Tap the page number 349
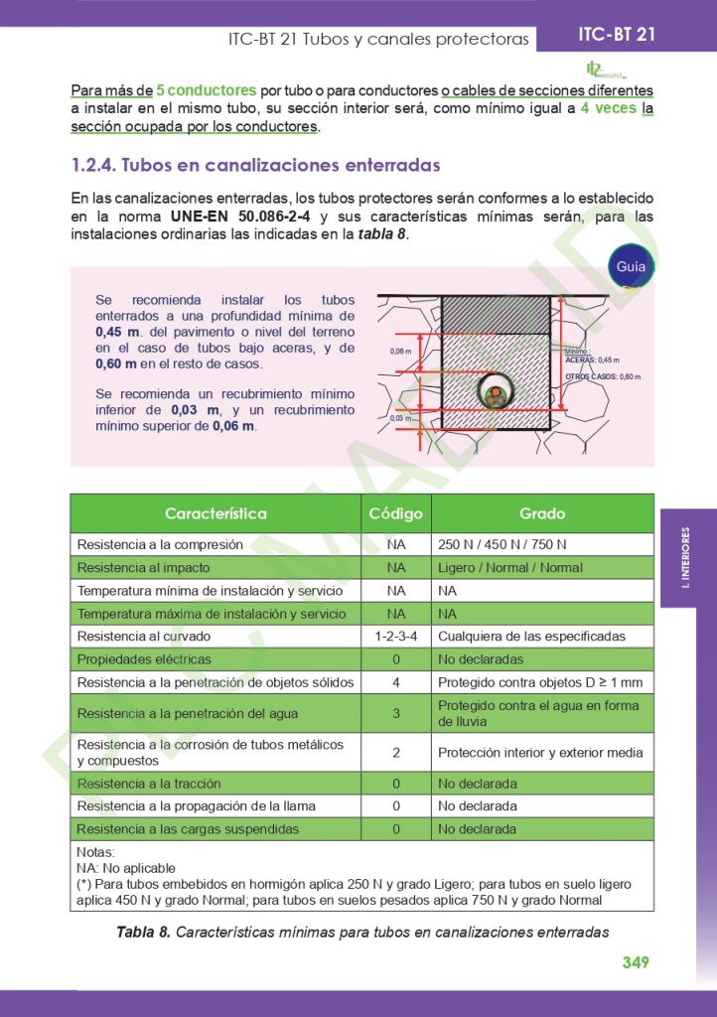(636, 961)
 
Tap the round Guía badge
(631, 266)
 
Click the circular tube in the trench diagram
(496, 393)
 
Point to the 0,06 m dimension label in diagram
(400, 352)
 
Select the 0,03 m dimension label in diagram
(400, 418)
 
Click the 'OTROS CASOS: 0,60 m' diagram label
(603, 377)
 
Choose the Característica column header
(215, 513)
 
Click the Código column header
(395, 513)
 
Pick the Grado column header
(542, 513)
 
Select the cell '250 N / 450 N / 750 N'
(502, 545)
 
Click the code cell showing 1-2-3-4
(395, 637)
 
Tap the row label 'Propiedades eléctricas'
(144, 659)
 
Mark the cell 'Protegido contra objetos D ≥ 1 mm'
(539, 682)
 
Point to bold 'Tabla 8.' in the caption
(143, 932)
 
